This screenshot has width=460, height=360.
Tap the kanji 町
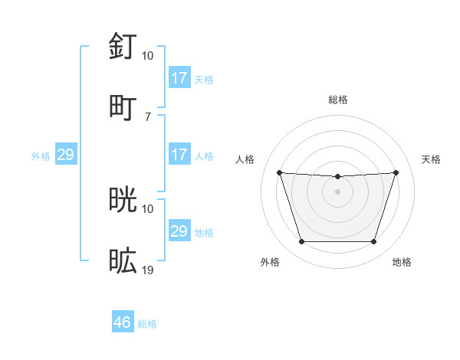[x=123, y=106]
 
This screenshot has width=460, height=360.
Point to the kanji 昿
[x=123, y=260]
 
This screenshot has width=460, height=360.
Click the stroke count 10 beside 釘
[x=148, y=56]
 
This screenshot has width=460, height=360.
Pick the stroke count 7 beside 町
[x=147, y=116]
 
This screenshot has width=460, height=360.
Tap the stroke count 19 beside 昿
[x=148, y=270]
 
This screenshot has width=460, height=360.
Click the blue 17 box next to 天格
[x=179, y=78]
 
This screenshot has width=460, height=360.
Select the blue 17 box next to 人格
[x=179, y=155]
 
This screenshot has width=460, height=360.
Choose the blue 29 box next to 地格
[x=179, y=231]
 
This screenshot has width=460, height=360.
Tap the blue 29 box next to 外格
[x=66, y=155]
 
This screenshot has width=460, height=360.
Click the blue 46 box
[x=123, y=323]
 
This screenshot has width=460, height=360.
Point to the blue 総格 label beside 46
[x=147, y=324]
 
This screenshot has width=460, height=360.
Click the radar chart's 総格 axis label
[x=338, y=100]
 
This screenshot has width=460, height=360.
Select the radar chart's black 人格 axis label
[x=245, y=159]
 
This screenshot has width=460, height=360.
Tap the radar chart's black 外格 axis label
[x=270, y=262]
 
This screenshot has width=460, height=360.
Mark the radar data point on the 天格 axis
[x=396, y=172]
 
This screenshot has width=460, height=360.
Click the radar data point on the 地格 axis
[x=373, y=242]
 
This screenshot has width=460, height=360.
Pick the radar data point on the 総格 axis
[x=337, y=177]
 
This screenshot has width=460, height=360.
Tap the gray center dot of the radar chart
[x=337, y=191]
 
